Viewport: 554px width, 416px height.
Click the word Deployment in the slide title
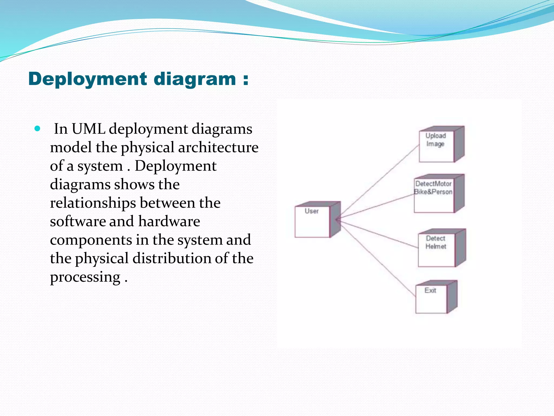pyautogui.click(x=87, y=79)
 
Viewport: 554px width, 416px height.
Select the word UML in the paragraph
pyautogui.click(x=88, y=129)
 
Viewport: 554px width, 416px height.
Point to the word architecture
pyautogui.click(x=218, y=148)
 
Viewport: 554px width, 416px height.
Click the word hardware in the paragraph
pyautogui.click(x=169, y=221)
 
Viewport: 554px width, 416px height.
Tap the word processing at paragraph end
pyautogui.click(x=85, y=277)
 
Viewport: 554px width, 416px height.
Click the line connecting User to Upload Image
pyautogui.click(x=379, y=180)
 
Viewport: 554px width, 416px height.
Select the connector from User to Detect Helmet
pyautogui.click(x=379, y=234)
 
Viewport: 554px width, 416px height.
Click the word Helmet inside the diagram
pyautogui.click(x=436, y=246)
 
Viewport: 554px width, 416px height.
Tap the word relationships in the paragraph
pyautogui.click(x=93, y=203)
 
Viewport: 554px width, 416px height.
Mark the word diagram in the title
pyautogui.click(x=195, y=79)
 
